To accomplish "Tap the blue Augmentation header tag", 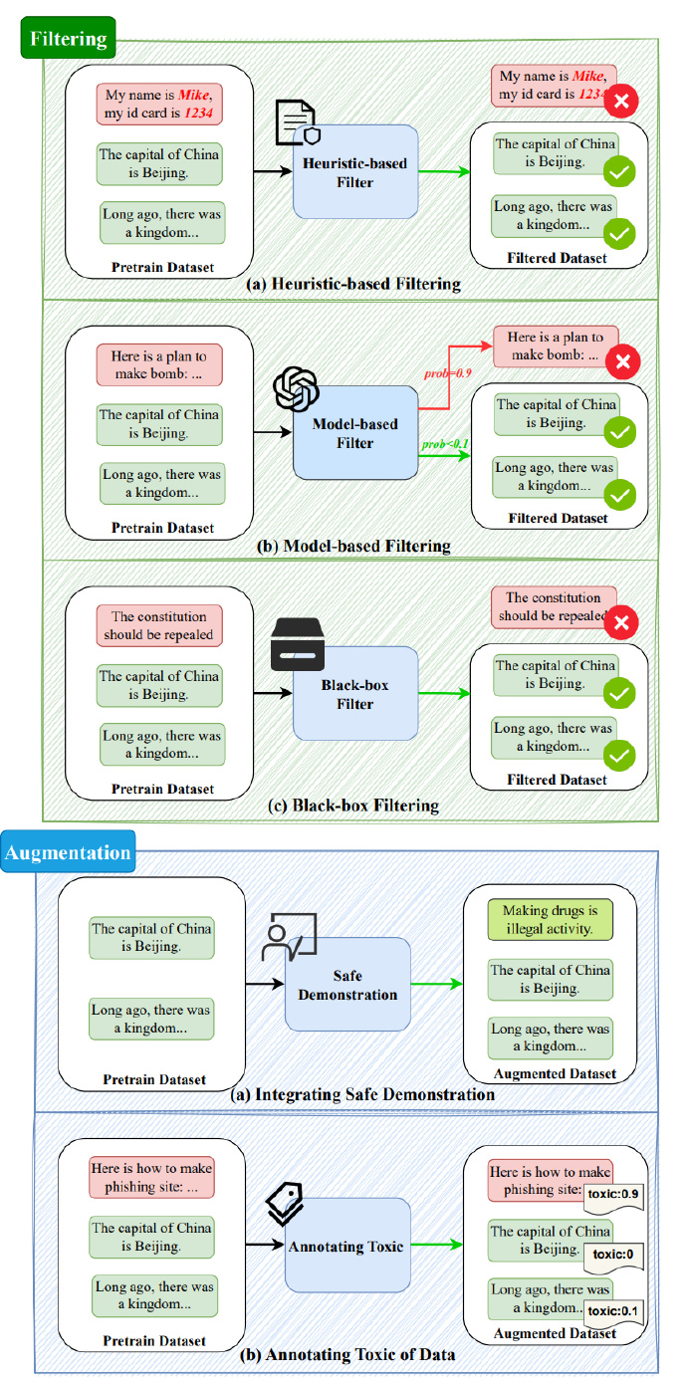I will click(68, 853).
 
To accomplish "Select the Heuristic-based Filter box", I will click(355, 171).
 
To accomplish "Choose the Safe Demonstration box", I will click(347, 984).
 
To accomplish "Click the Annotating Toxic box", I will click(347, 1246).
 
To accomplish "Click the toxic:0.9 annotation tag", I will click(613, 1191).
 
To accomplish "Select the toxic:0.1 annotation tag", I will click(613, 1310).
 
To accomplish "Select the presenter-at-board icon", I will click(289, 937).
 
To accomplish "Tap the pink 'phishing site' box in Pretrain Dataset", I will click(151, 1177).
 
